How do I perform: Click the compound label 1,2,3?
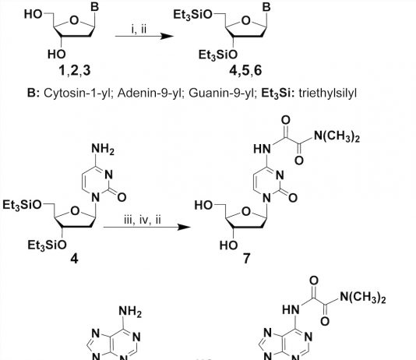coord(75,71)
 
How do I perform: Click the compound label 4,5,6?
coord(245,71)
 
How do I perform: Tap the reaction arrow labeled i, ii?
coord(144,36)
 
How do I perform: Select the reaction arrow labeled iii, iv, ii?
coord(146,227)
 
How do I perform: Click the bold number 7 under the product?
coord(246,259)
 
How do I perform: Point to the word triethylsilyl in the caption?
coord(327,94)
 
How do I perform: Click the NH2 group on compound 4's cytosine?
coord(103,149)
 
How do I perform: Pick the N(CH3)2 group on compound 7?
coord(337,136)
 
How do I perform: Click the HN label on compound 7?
coord(262,149)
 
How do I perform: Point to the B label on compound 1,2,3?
coord(94,7)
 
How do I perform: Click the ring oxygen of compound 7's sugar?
coord(246,211)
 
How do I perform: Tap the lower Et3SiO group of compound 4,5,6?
coord(218,55)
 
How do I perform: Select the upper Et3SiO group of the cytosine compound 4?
coord(22,205)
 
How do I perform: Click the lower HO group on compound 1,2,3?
coord(57,55)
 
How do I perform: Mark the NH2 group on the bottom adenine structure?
coord(130,311)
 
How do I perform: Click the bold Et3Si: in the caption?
coord(278,94)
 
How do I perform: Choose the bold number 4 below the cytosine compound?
coord(74,259)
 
